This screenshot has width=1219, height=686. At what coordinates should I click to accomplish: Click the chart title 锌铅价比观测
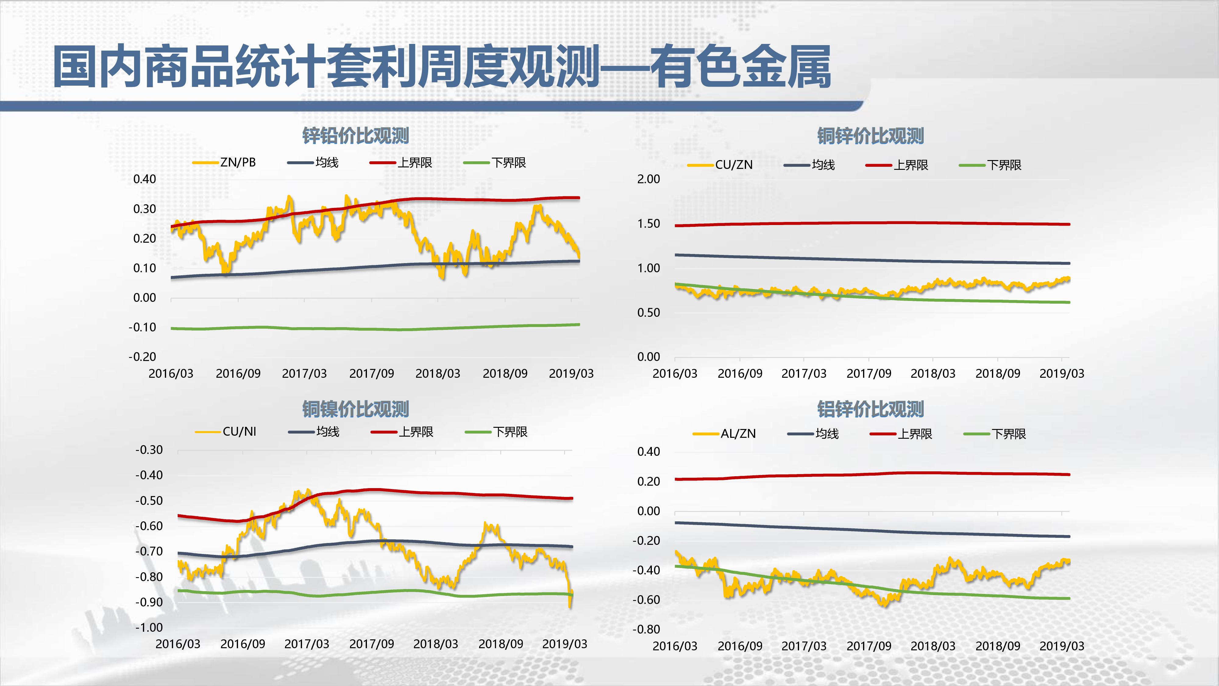[355, 136]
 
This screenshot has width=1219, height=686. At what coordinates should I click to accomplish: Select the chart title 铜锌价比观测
[870, 136]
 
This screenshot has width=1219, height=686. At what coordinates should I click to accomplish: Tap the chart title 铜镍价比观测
[355, 409]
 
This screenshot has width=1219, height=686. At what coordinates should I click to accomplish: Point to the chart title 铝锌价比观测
[870, 409]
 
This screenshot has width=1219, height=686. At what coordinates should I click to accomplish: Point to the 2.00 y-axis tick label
[648, 179]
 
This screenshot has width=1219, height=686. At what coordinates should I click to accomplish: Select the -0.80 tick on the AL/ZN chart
[646, 629]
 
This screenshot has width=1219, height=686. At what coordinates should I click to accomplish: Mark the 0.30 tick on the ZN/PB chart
[144, 209]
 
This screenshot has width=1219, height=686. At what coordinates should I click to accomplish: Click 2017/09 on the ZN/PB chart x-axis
[371, 373]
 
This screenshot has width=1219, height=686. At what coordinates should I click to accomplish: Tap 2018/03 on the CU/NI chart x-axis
[435, 644]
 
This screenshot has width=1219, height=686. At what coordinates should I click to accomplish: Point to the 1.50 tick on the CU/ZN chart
[648, 223]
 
